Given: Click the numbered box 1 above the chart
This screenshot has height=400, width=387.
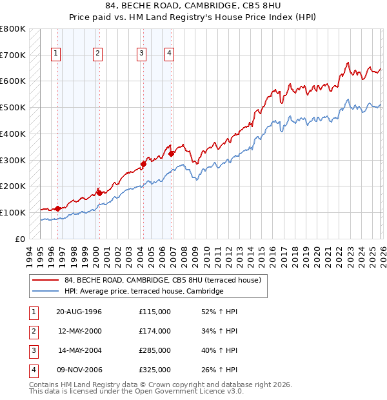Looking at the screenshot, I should (56, 54).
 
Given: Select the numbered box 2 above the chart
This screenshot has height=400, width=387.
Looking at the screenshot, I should (97, 54).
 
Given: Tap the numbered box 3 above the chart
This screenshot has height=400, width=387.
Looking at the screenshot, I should (141, 54).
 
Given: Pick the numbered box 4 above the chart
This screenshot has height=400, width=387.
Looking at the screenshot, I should (169, 54).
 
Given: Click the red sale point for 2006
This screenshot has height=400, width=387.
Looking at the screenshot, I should (171, 154).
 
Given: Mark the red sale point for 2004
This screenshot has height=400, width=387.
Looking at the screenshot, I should (144, 164).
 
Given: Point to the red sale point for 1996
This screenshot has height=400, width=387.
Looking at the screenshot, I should (58, 208).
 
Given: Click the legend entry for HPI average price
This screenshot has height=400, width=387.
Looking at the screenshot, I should (143, 292).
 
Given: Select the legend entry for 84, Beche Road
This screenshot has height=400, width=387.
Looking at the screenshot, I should (162, 280).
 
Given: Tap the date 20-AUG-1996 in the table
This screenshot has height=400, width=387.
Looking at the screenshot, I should (79, 312).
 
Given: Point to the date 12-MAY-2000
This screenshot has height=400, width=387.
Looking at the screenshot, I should (80, 331).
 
